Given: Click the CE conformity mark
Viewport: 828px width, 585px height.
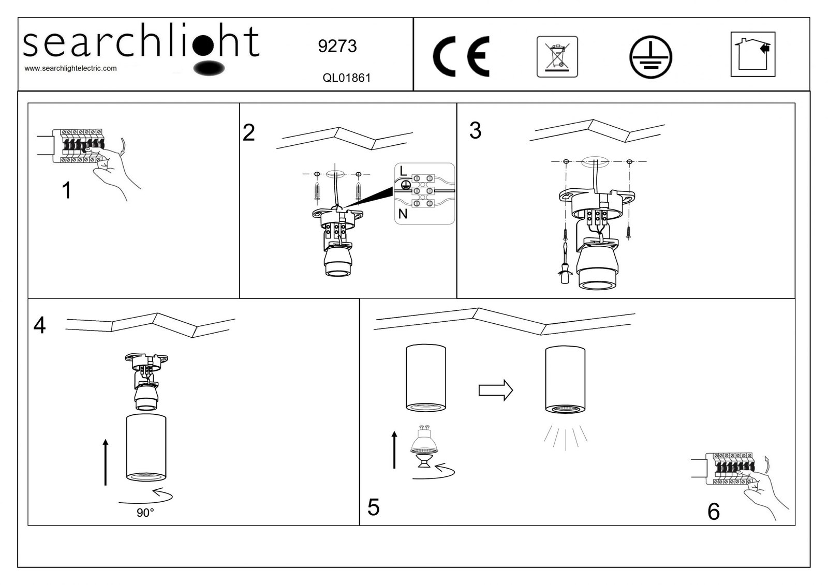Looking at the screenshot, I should point(461,57).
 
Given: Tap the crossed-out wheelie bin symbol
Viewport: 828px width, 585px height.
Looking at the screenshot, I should point(557,56).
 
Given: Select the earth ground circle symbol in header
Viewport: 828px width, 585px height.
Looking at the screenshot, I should point(650,57).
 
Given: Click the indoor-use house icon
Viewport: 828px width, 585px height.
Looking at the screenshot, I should point(752,54).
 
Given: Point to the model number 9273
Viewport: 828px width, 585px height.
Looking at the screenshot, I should point(337,47).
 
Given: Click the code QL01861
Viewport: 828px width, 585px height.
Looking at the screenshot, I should point(346,78).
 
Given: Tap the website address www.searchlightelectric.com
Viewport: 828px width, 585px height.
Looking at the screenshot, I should point(71,68).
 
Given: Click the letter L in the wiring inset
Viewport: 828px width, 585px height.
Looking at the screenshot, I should point(403,171).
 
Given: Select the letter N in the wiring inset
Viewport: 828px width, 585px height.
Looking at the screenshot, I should point(403,214).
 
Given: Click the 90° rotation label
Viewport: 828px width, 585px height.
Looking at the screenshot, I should point(145,513).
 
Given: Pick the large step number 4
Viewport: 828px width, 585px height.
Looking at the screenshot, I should point(39,325).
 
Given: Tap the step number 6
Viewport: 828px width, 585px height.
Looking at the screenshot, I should point(713,512).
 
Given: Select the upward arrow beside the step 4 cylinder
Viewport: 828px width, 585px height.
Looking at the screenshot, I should point(106,462).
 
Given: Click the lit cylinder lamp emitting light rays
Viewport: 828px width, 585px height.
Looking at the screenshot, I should point(565,380).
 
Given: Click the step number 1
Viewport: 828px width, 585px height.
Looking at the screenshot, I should point(66,191).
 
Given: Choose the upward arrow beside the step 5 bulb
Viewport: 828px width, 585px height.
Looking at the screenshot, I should point(394,449).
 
